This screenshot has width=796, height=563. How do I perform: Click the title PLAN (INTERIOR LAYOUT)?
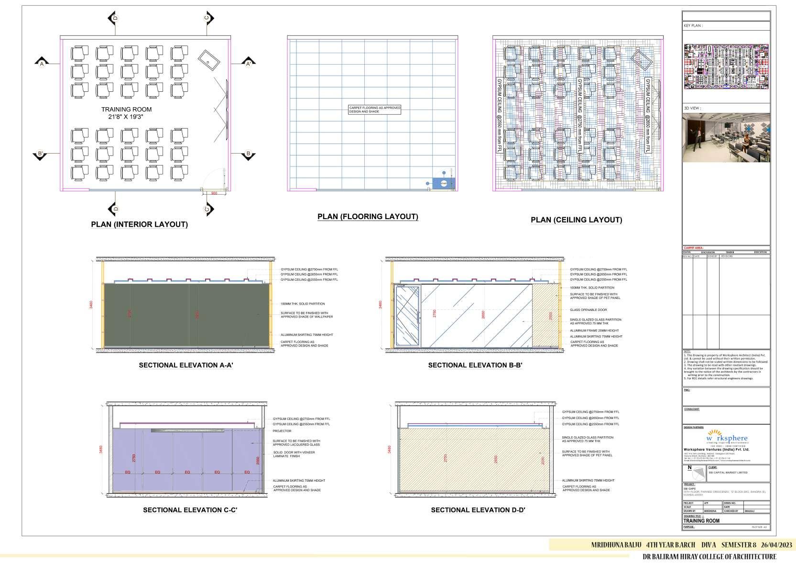click(139, 224)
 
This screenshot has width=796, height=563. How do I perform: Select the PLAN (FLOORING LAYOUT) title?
click(368, 217)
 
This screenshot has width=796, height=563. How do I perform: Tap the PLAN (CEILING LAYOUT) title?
click(576, 220)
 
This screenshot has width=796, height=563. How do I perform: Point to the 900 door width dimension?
click(214, 193)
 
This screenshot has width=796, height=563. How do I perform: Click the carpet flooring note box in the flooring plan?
click(374, 110)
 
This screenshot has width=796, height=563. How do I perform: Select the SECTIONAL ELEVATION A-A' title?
click(185, 365)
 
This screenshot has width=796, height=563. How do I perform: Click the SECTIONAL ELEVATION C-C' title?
click(190, 510)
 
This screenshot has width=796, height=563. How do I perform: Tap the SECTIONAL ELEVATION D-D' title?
click(478, 510)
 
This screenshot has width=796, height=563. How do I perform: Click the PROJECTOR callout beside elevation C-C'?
click(282, 431)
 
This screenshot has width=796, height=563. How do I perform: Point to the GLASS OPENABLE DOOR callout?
click(588, 310)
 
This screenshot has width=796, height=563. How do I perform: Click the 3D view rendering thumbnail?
click(726, 138)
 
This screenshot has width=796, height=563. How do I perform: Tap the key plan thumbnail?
click(726, 66)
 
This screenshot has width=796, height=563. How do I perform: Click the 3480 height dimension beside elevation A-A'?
click(91, 305)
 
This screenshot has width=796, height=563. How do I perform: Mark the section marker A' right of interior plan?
click(248, 63)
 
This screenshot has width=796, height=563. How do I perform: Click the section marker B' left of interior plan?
click(41, 154)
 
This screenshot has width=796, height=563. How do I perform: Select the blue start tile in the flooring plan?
click(443, 183)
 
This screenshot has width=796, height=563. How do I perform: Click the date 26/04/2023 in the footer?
click(776, 545)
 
